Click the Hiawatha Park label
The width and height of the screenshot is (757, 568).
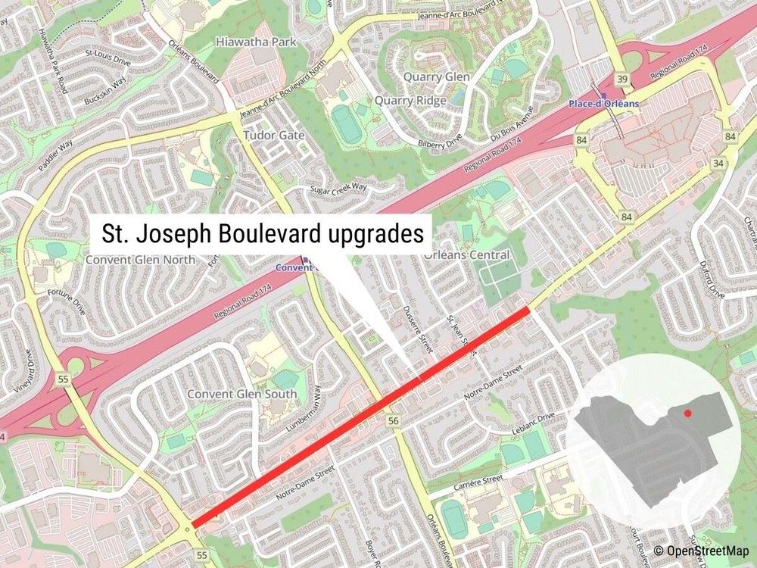pyautogui.click(x=256, y=42)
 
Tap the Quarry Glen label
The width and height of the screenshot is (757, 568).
pyautogui.click(x=436, y=77)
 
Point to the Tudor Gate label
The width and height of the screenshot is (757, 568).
pyautogui.click(x=273, y=136)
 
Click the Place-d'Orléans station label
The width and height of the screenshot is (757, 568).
pyautogui.click(x=603, y=104)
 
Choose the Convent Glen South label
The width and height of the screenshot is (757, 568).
pyautogui.click(x=242, y=395)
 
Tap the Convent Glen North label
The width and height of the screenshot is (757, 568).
pyautogui.click(x=140, y=259)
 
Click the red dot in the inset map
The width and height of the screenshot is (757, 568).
pyautogui.click(x=687, y=414)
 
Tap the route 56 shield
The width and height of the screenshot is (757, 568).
pyautogui.click(x=392, y=421)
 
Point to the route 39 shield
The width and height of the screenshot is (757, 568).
pyautogui.click(x=621, y=80)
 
